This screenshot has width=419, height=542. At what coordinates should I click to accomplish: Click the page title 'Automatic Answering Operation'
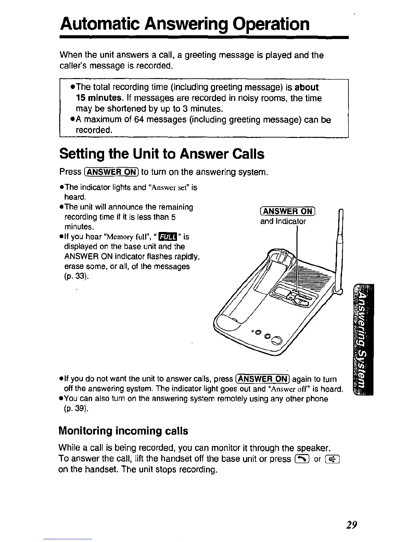pos(185,24)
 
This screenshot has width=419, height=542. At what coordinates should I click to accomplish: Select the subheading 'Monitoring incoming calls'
pos(123,430)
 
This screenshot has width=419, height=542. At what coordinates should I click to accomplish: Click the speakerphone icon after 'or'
pos(332,459)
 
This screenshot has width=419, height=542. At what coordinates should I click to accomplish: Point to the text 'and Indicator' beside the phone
pos(283,221)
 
